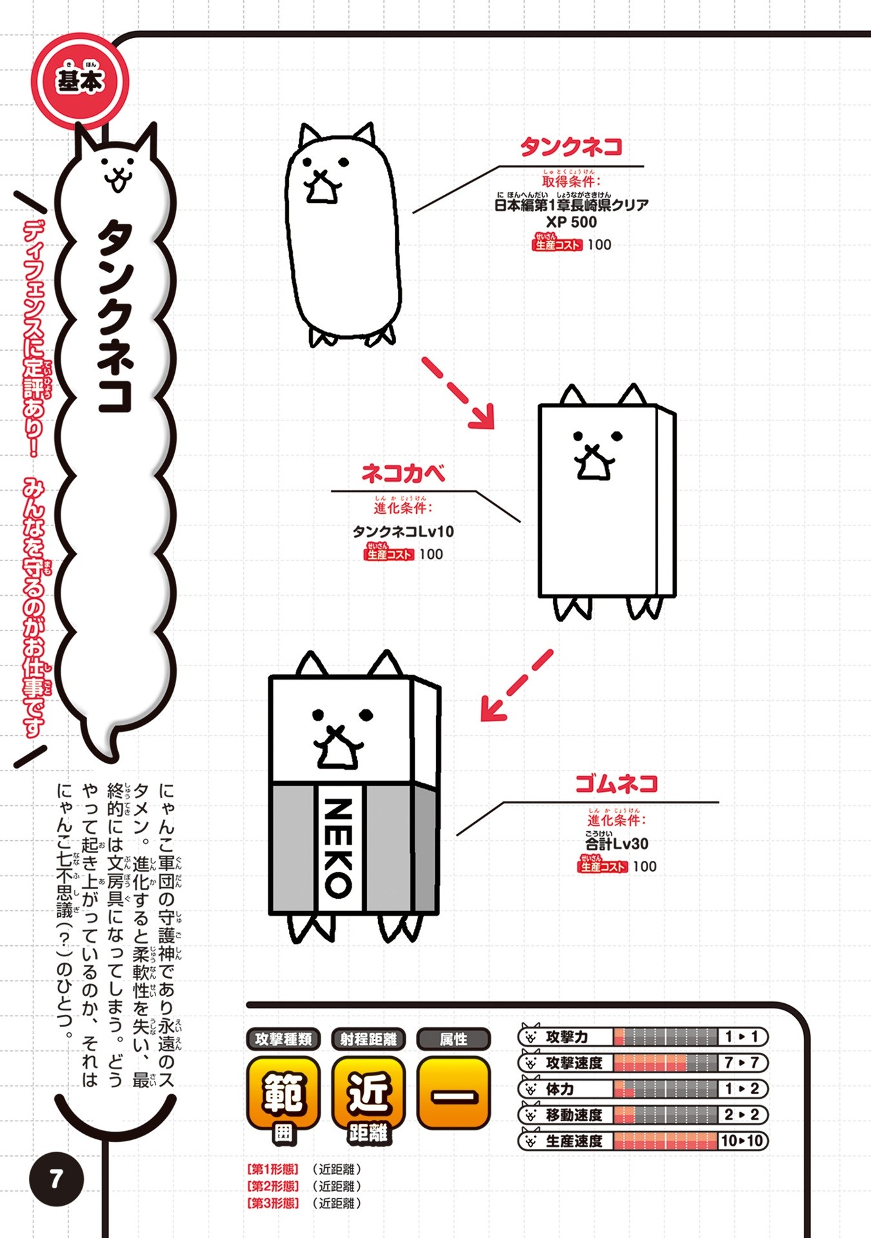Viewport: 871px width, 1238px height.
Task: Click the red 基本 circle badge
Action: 80,81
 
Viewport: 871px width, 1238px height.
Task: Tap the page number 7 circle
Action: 57,1179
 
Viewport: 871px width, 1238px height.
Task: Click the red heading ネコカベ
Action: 403,473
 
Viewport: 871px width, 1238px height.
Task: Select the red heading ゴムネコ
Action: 616,783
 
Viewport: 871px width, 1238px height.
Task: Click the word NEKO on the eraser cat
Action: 338,847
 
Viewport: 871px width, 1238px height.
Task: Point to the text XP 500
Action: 572,222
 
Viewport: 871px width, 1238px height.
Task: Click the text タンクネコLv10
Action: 403,531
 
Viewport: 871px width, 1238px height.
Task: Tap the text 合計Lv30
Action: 617,843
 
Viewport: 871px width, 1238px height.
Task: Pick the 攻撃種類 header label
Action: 283,1039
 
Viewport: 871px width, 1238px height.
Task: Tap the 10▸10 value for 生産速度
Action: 742,1141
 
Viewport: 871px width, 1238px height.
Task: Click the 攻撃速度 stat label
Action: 574,1063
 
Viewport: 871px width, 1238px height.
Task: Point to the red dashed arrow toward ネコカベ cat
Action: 459,393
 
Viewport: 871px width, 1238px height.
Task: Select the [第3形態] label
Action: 273,1203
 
